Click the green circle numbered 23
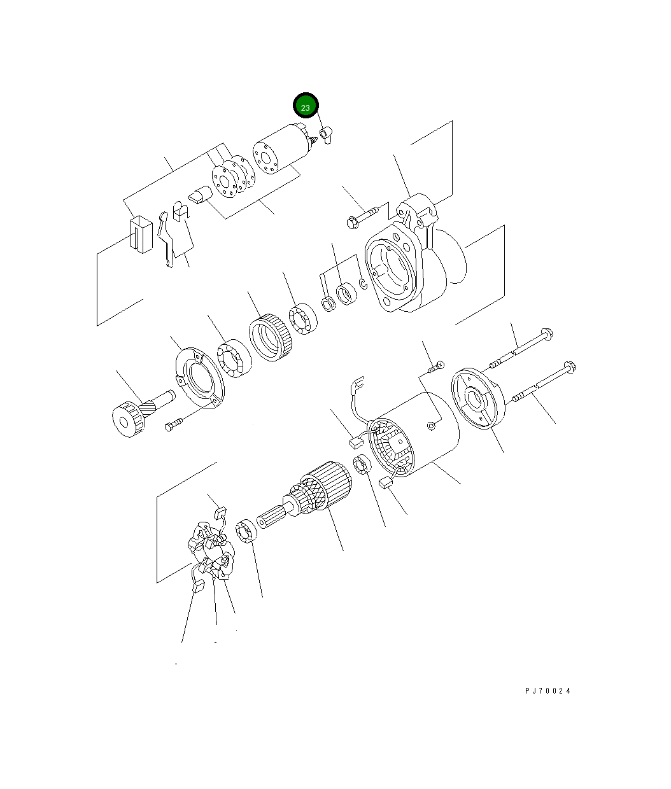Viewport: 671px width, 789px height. (306, 106)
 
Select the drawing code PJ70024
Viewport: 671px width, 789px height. (547, 691)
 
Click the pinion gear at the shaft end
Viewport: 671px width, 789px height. (129, 419)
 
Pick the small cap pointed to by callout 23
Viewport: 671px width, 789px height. (326, 136)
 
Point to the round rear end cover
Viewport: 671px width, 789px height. (477, 398)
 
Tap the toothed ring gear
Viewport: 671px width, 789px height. (271, 337)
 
